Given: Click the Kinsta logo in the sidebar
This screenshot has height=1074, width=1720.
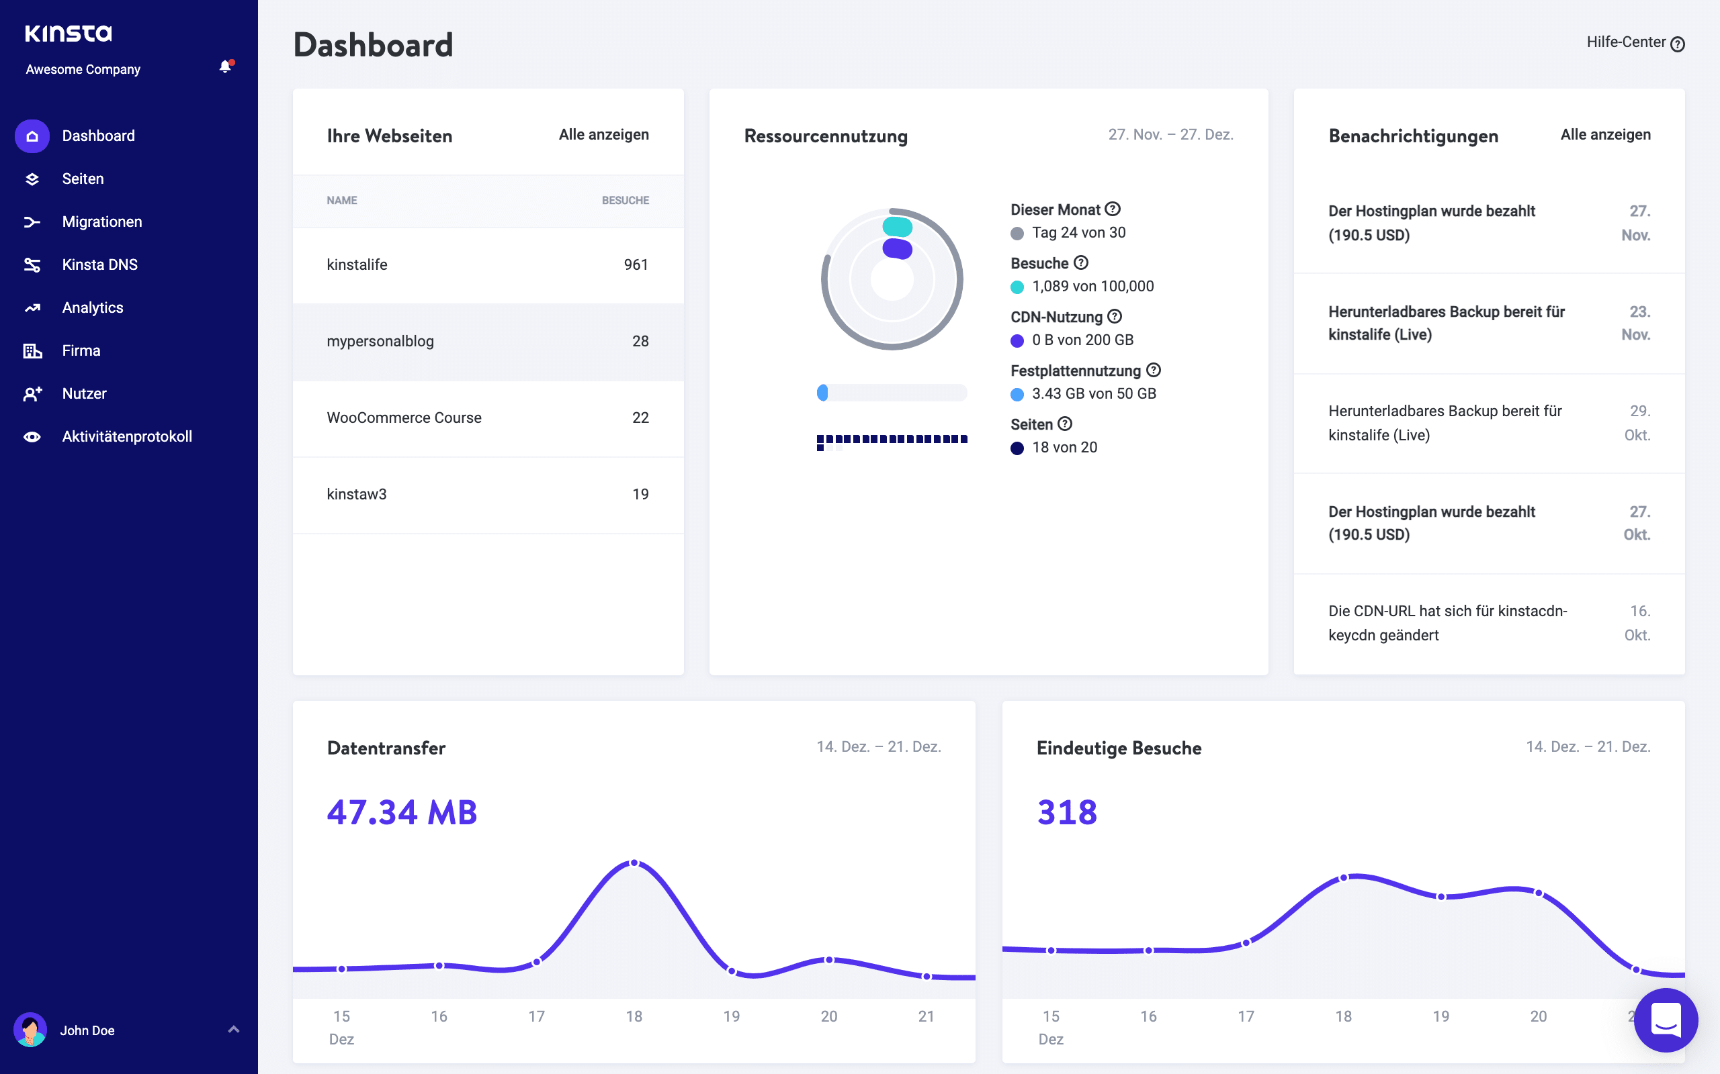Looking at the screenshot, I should [x=69, y=33].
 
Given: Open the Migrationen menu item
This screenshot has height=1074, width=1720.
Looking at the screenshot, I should [x=101, y=222].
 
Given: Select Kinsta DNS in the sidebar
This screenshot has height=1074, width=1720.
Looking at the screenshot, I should [x=99, y=264].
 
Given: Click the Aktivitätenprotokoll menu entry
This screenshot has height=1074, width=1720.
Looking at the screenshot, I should [x=126, y=436].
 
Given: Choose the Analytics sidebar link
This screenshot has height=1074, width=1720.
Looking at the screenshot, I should [x=93, y=307].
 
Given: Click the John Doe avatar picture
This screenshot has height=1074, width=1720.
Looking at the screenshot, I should [x=30, y=1029].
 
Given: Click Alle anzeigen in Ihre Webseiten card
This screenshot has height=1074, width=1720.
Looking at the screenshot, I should [x=603, y=134].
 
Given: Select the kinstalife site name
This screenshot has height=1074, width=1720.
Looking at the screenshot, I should [x=357, y=264].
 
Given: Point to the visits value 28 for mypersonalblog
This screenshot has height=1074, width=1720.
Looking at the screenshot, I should [x=640, y=341].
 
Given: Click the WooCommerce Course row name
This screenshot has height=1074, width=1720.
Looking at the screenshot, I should [x=404, y=418].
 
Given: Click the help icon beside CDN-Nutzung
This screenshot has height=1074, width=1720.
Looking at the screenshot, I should [x=1115, y=316].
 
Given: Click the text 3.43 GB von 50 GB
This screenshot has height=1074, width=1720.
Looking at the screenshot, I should [x=1093, y=393].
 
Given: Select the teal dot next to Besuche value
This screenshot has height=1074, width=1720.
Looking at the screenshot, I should [x=1017, y=287].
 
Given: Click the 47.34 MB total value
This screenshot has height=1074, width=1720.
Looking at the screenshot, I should [x=402, y=812].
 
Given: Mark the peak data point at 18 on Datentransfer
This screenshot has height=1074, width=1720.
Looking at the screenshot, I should [x=634, y=863].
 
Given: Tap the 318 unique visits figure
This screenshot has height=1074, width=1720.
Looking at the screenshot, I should [x=1067, y=812].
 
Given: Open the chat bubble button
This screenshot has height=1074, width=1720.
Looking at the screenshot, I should [x=1666, y=1020].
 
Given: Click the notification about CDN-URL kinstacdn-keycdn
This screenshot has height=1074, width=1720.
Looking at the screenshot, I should [x=1447, y=623].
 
